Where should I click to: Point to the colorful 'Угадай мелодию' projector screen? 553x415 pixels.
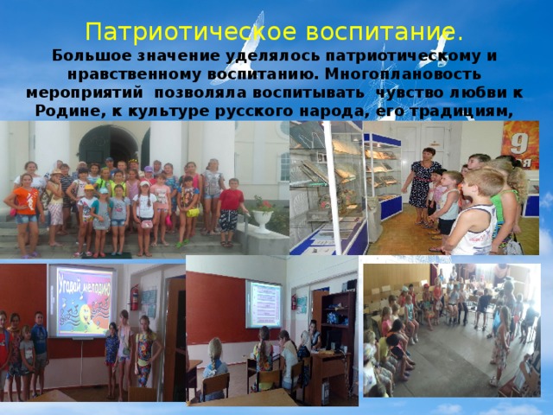84,298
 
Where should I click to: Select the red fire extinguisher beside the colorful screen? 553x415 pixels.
134,297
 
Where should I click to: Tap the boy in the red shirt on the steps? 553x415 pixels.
230,209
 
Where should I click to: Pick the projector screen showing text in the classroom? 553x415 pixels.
263,303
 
